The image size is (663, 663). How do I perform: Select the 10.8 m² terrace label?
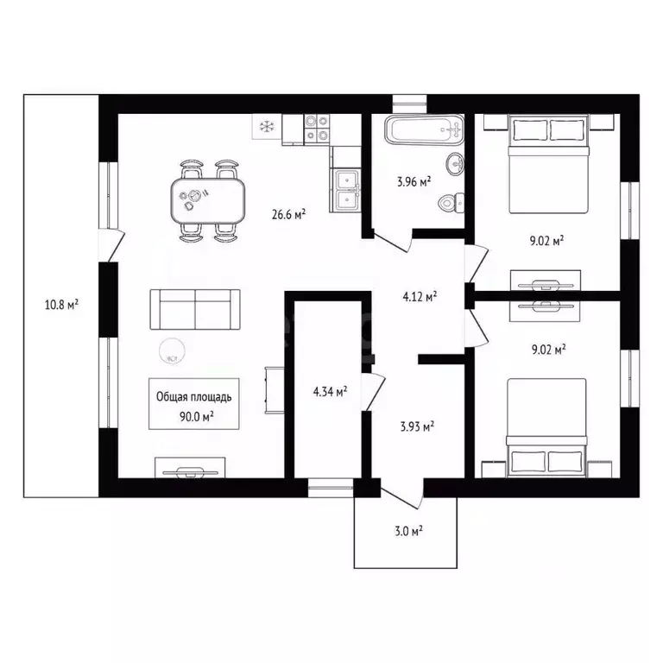61,304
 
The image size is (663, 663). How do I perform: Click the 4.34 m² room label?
330,392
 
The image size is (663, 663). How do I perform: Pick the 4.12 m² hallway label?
419,296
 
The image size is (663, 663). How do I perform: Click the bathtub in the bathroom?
424,132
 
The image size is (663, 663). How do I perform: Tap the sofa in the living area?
195,309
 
